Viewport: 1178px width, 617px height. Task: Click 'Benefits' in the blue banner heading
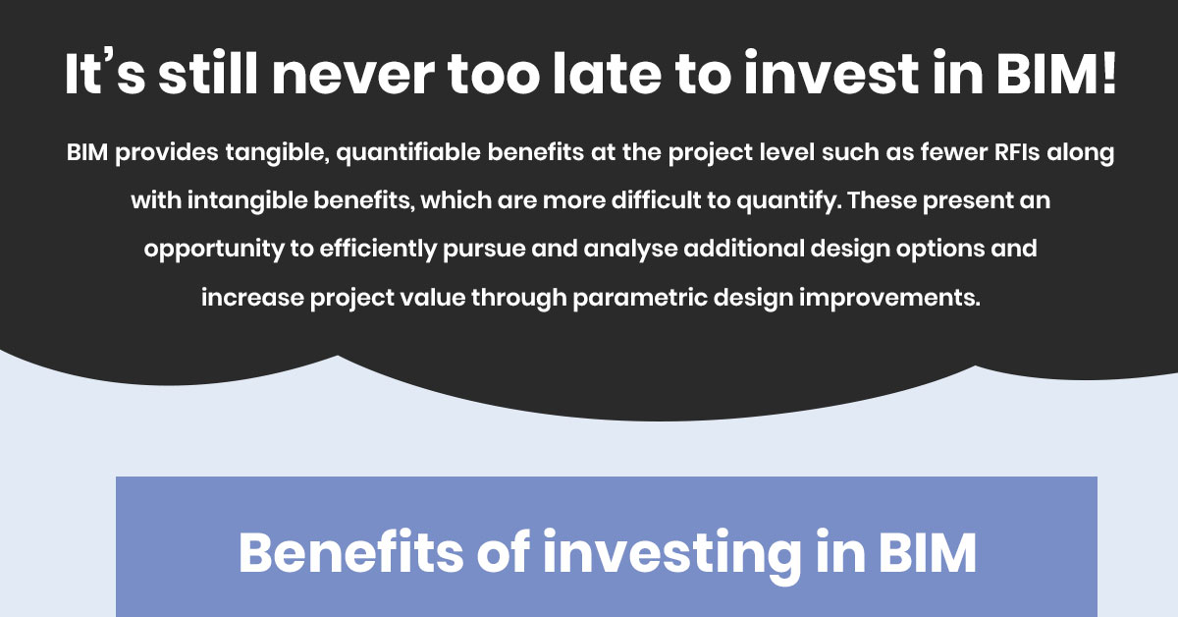[349, 553]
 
